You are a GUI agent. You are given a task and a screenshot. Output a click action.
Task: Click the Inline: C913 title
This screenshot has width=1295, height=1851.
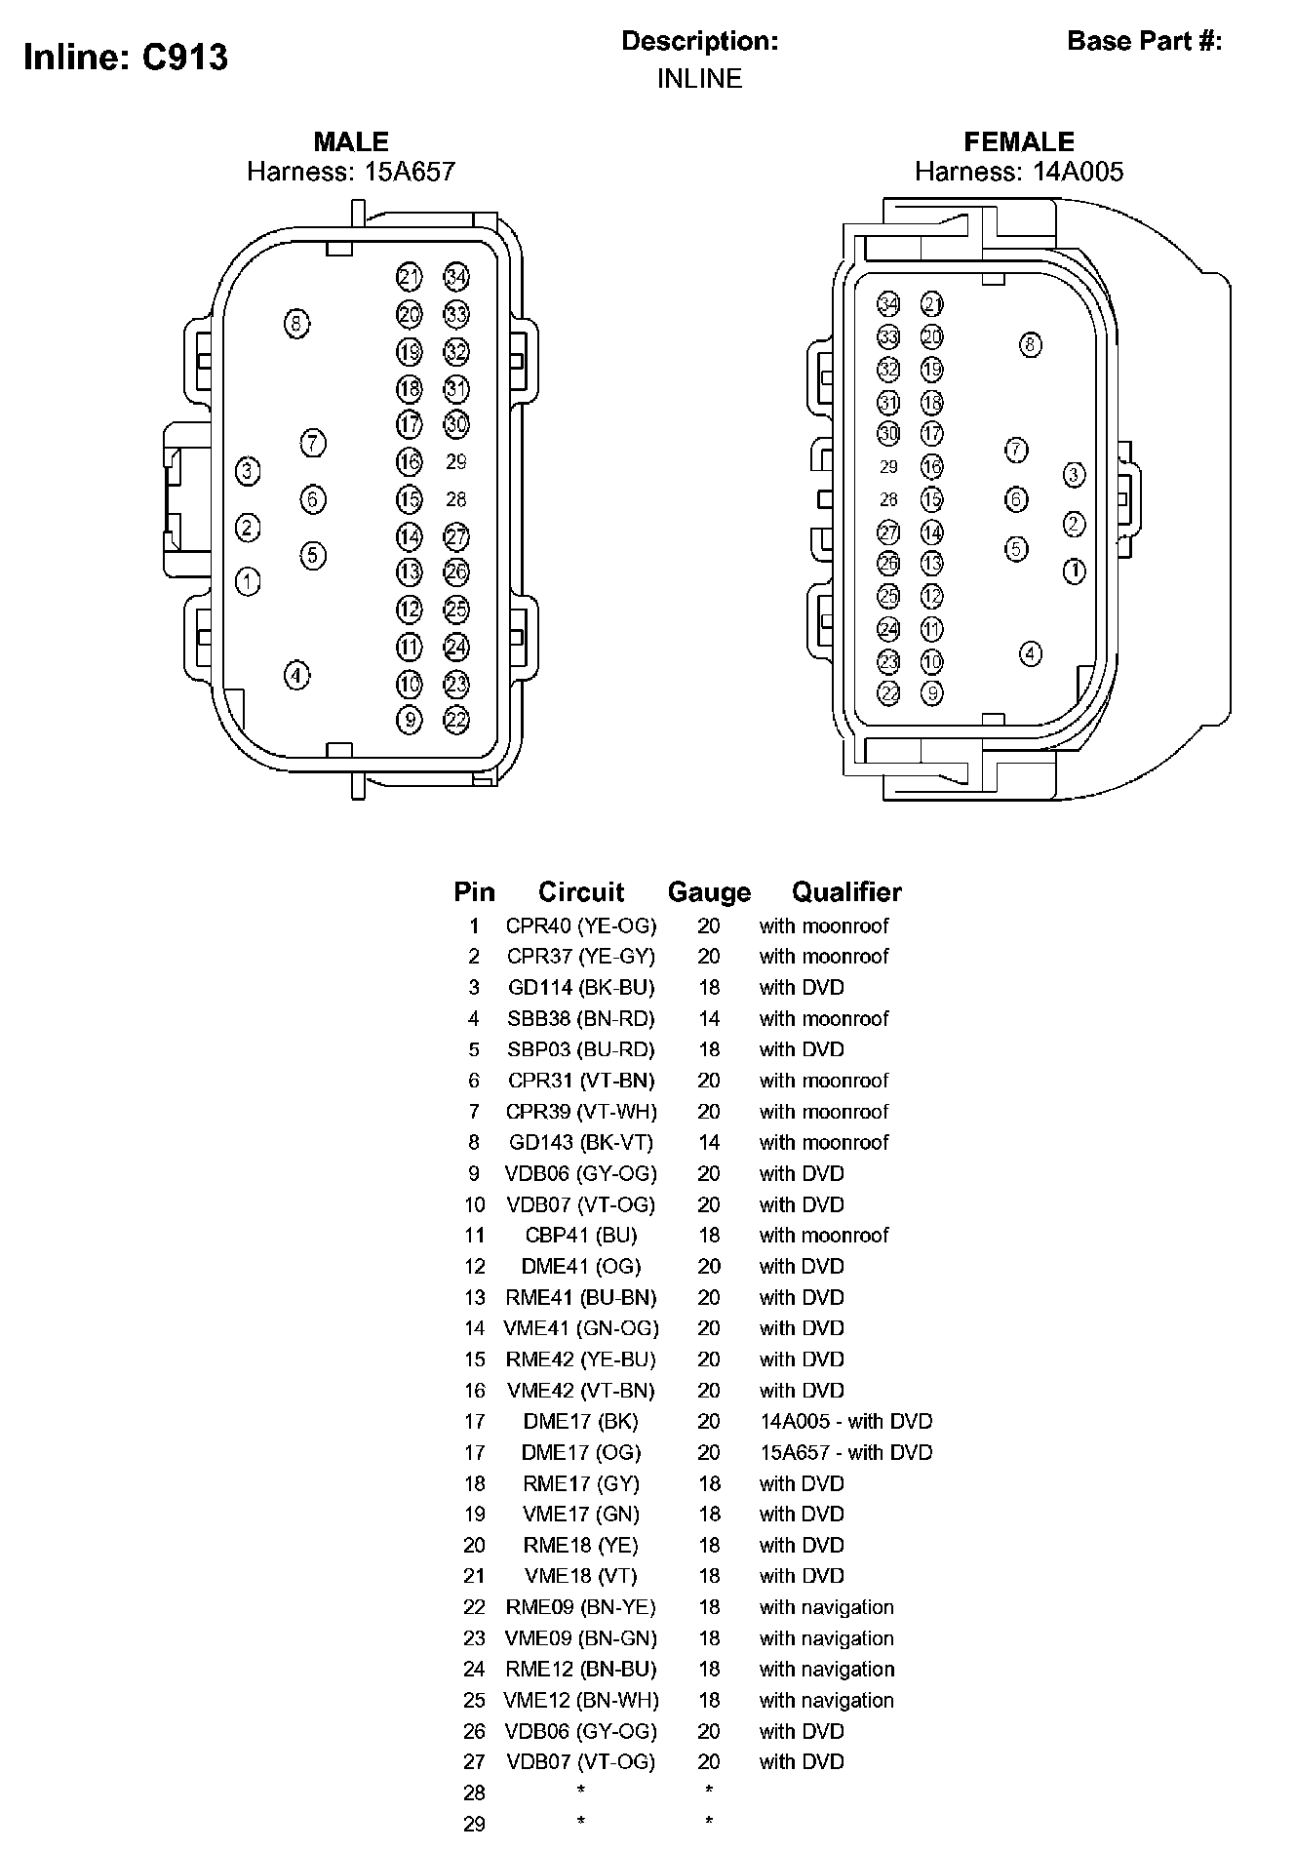(126, 58)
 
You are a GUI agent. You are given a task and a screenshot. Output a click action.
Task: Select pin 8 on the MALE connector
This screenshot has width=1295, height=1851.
(296, 323)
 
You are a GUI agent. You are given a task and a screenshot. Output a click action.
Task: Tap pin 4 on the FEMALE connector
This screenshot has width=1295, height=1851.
(1031, 653)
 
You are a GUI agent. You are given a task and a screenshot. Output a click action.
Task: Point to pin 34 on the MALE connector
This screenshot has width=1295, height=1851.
(456, 277)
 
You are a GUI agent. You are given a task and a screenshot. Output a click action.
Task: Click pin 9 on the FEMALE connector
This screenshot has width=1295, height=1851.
(932, 692)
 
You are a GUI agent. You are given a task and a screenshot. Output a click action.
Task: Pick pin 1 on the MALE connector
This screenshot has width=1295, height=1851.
(248, 582)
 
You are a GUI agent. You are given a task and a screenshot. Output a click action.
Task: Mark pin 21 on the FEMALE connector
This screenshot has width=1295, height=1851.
(932, 304)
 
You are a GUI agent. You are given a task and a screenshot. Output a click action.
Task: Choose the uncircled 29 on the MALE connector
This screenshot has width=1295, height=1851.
(456, 461)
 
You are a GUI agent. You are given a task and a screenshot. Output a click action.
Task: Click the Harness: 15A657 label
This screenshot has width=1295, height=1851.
(351, 172)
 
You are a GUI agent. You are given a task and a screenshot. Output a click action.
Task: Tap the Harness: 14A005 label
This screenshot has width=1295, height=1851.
(1019, 172)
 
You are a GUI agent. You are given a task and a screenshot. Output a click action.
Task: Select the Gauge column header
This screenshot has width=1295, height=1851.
(709, 892)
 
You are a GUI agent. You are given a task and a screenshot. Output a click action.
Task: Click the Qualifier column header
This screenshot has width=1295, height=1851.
(846, 892)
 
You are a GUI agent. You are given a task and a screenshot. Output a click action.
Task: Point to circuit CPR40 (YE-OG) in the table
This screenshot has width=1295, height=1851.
(581, 925)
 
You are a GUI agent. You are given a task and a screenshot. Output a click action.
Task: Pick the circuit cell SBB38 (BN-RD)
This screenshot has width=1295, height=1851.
(581, 1018)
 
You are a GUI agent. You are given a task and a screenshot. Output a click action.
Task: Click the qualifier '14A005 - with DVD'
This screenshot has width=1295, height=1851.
(845, 1421)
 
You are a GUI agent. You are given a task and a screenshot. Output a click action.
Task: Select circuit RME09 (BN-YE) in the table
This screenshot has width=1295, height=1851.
(581, 1607)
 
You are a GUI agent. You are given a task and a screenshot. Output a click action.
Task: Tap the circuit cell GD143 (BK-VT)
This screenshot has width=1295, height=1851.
(581, 1142)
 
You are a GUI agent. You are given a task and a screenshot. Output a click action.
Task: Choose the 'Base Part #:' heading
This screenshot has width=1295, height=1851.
(1145, 41)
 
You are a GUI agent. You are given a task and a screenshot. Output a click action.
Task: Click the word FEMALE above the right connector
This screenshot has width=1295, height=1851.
(1019, 142)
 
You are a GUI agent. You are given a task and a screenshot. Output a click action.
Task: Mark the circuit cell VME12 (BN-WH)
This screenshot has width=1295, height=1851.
(581, 1700)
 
